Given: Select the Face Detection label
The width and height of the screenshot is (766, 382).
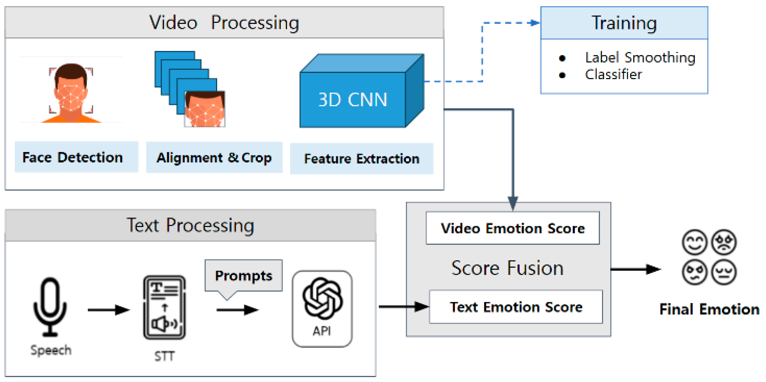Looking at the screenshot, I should tap(73, 157).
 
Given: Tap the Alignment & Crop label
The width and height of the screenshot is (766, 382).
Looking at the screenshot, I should tap(214, 157).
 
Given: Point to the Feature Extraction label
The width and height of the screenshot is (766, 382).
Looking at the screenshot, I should tap(361, 159).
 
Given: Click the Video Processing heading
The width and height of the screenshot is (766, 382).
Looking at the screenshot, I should tap(224, 23).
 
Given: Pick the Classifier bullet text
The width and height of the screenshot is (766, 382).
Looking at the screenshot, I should tap(613, 74).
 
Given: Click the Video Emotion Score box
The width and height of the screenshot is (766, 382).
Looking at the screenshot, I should tap(513, 228).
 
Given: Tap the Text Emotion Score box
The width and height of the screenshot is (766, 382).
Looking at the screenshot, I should tap(516, 307).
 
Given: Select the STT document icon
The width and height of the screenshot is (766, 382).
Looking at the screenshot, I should tap(164, 307).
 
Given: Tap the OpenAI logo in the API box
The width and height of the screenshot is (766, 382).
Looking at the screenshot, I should tap(322, 298).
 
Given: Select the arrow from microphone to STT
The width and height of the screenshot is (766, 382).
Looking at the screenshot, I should tap(108, 310).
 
